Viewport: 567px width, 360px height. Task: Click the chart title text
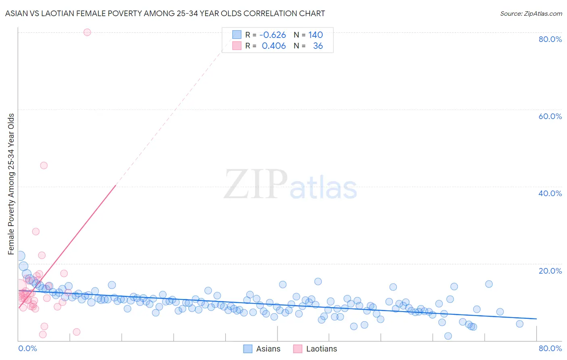(x=165, y=13)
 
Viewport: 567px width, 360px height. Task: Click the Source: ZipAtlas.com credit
(x=531, y=13)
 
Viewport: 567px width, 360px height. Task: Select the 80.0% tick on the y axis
(x=550, y=39)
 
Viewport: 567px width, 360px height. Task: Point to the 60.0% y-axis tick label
(x=550, y=116)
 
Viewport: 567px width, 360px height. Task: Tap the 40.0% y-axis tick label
(x=550, y=193)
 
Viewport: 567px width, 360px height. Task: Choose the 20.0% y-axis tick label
(x=550, y=271)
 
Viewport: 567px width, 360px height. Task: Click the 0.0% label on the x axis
(x=27, y=348)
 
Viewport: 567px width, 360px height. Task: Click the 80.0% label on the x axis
(x=550, y=348)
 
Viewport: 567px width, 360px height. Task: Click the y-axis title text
(x=11, y=184)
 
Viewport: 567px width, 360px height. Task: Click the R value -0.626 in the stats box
(x=273, y=35)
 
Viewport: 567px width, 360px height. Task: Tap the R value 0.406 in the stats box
(x=274, y=46)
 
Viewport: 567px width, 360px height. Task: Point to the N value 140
(x=315, y=35)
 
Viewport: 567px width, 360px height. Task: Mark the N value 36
(x=318, y=46)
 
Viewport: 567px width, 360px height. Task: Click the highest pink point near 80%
(x=87, y=32)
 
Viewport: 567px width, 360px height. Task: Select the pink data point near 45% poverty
(x=44, y=165)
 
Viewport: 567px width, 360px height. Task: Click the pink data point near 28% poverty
(x=36, y=232)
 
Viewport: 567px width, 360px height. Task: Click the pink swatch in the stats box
(x=237, y=46)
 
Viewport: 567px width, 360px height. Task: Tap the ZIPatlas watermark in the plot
(x=290, y=185)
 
